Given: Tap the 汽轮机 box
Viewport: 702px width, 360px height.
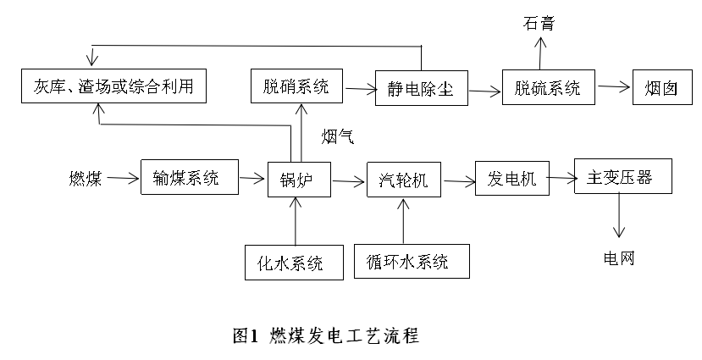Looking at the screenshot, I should [403, 180].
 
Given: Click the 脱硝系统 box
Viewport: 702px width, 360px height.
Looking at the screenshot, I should [290, 86].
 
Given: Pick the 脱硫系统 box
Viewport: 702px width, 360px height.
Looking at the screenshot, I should [547, 87].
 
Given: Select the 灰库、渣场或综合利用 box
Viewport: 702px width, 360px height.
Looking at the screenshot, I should [113, 86].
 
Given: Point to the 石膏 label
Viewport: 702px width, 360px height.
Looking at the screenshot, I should [539, 22].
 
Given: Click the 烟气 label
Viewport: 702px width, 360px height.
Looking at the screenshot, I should [337, 135].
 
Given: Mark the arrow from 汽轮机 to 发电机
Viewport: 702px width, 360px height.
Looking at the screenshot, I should [458, 180].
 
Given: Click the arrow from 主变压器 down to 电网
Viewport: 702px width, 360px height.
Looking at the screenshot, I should [621, 215].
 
